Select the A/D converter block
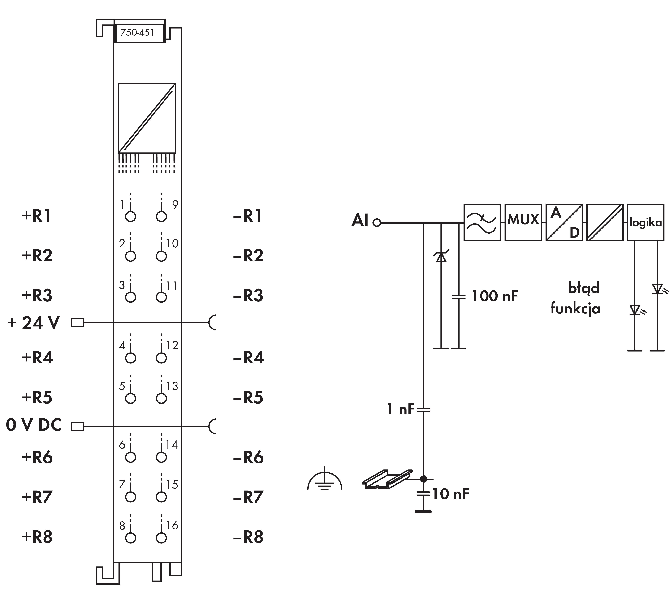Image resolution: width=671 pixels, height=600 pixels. [564, 222]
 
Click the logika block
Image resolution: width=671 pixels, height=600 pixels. [645, 222]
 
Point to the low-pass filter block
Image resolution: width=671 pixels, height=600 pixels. [482, 222]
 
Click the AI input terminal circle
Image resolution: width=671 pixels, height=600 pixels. [376, 223]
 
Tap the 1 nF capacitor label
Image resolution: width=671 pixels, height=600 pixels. [400, 409]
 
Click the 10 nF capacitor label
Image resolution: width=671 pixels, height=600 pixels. [450, 494]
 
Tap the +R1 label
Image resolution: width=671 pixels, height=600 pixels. [36, 216]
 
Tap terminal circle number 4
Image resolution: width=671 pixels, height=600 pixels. [131, 358]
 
